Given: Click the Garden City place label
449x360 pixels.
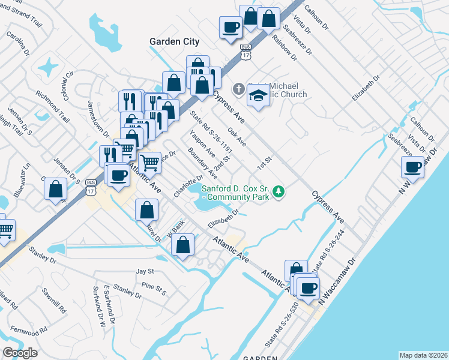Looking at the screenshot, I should (174, 41).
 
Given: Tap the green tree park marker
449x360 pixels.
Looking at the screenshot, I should (278, 192).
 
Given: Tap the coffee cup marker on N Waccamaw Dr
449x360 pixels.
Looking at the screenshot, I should (413, 166).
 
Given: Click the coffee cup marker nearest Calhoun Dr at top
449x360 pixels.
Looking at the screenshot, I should (231, 27).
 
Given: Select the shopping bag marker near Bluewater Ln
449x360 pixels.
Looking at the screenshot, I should (55, 188).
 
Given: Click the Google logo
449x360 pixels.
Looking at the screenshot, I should (20, 353).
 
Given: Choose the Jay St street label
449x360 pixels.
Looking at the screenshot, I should (145, 272).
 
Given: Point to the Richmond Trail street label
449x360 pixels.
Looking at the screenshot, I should (53, 103).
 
